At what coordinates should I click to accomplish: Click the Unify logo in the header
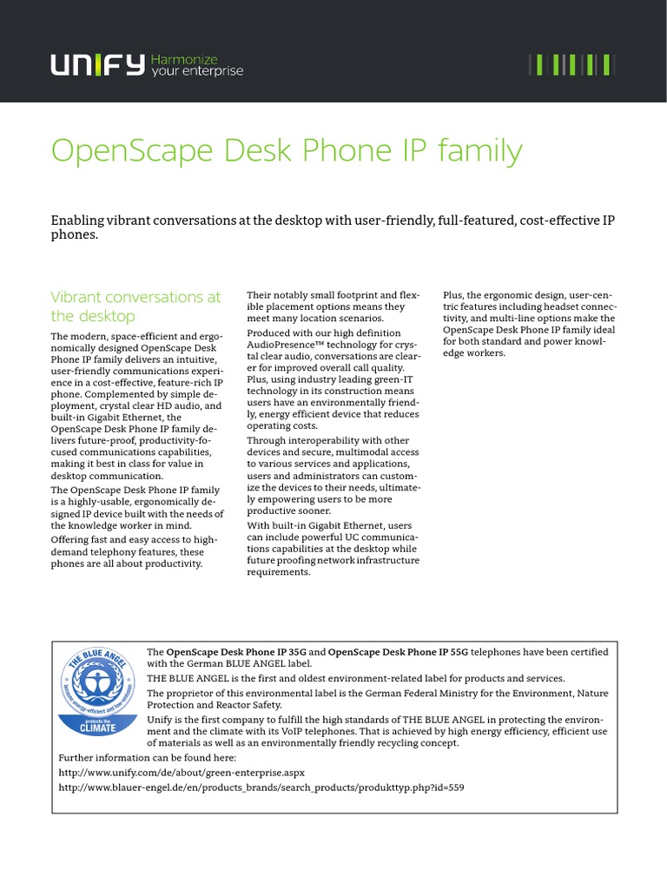click(96, 65)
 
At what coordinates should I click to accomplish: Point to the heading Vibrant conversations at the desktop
click(135, 306)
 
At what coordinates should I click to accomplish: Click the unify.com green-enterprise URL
click(182, 772)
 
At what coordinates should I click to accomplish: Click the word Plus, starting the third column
click(455, 295)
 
